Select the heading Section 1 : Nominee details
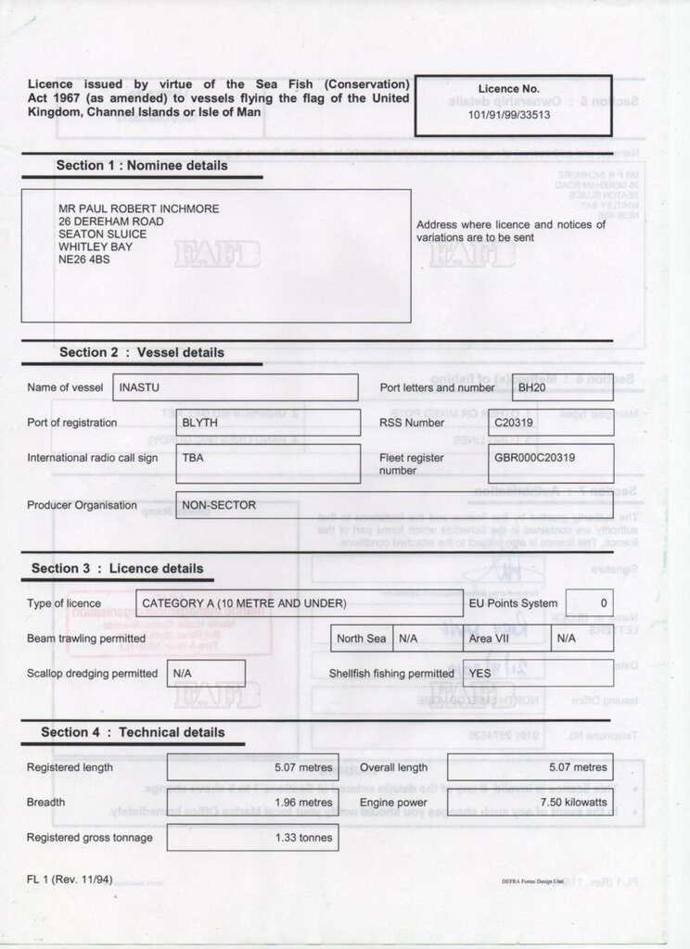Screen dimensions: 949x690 (142, 166)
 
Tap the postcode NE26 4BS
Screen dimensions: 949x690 (83, 260)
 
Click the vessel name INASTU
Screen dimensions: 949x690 (144, 387)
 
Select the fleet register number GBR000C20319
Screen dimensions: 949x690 (534, 458)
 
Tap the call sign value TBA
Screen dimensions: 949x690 (193, 458)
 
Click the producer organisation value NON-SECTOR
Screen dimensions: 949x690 (219, 506)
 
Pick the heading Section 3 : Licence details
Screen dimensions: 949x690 (117, 568)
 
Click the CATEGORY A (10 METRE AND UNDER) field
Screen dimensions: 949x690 (244, 603)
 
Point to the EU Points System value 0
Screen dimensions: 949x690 (604, 603)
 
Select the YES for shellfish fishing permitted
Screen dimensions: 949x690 (479, 674)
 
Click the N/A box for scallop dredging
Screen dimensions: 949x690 (182, 674)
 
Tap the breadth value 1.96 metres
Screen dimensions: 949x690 (303, 803)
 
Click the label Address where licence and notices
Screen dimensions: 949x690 (511, 224)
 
